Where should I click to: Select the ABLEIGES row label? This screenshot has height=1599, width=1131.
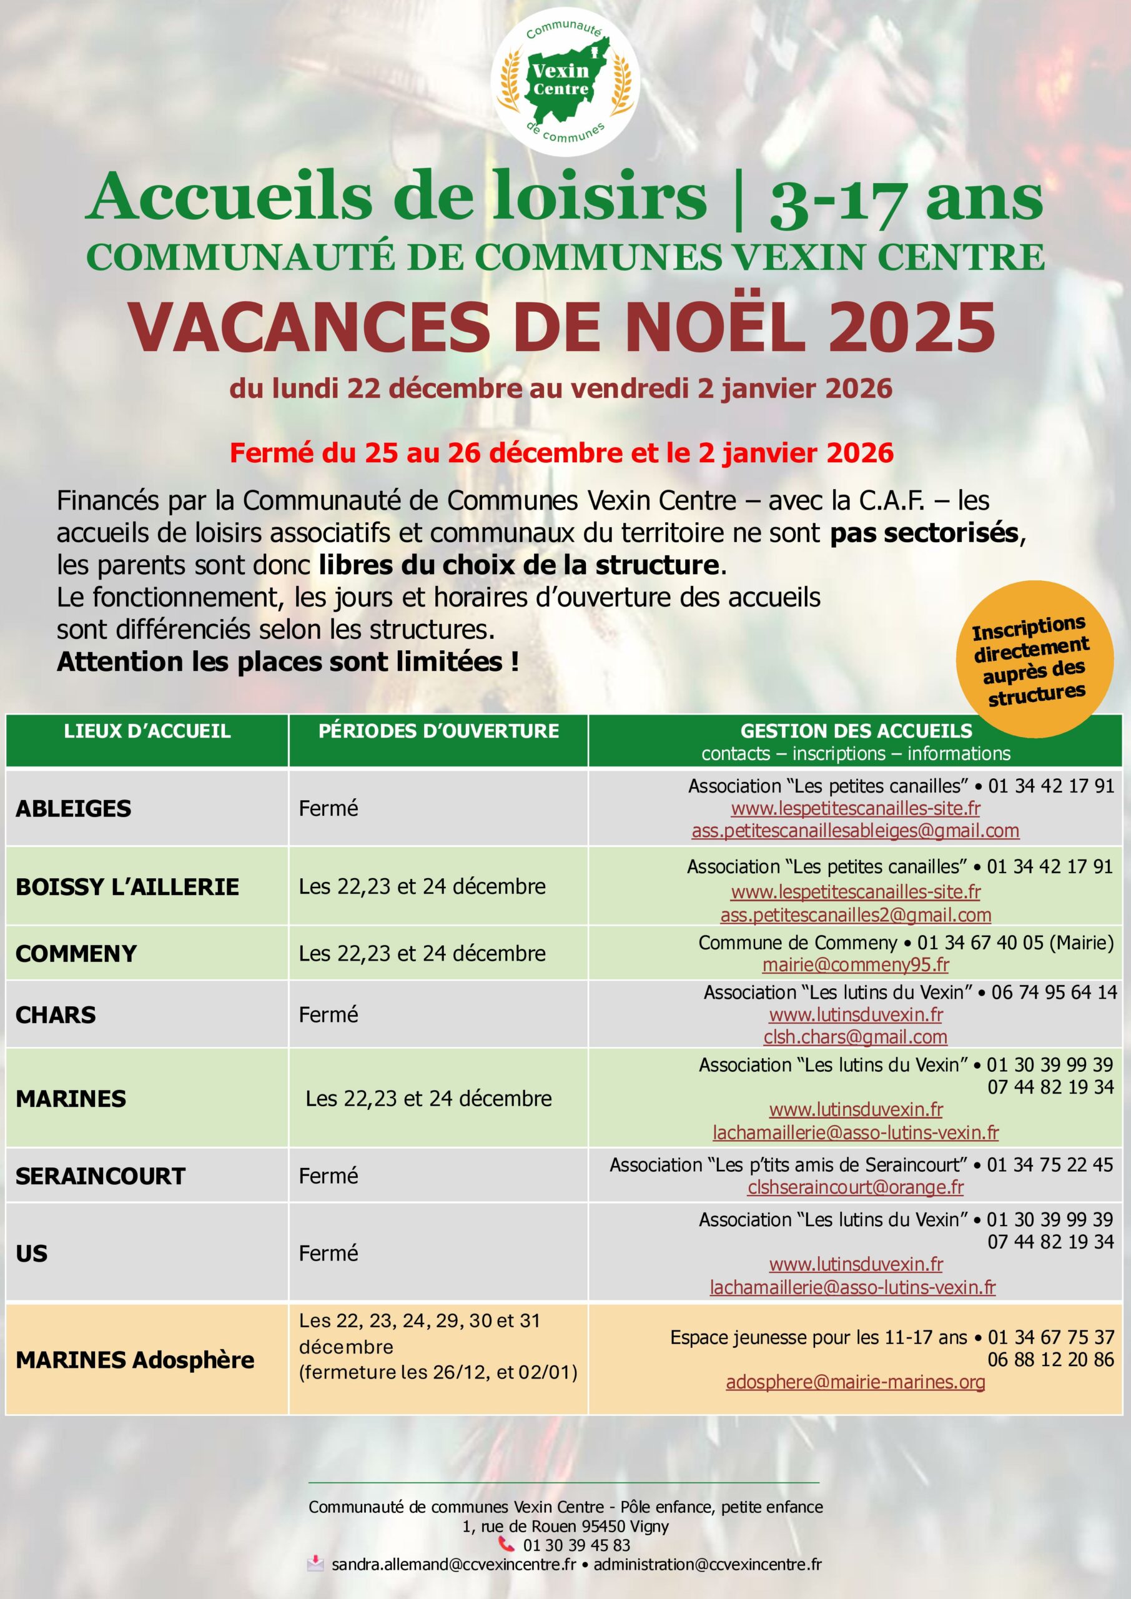point(73,808)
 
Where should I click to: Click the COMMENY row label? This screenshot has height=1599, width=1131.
point(76,953)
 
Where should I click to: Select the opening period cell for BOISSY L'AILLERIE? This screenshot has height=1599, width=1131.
point(422,886)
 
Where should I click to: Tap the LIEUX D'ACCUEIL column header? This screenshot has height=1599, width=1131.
point(147,731)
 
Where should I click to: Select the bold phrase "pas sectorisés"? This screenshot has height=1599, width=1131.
point(924,533)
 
